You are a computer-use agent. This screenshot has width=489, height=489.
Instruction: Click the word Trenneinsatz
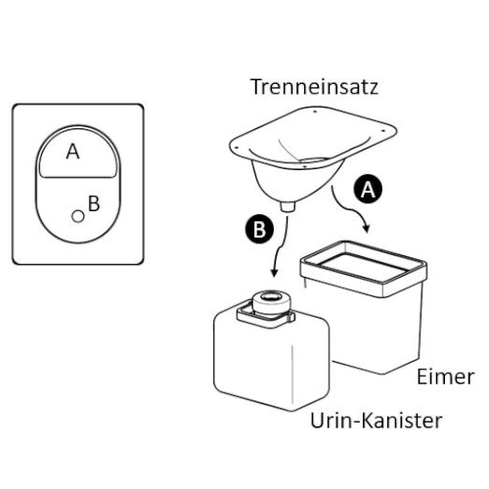click(x=315, y=87)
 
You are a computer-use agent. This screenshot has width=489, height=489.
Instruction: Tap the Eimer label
click(x=445, y=378)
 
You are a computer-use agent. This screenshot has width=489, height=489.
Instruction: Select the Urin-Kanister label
click(x=376, y=421)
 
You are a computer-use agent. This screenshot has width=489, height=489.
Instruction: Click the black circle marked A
click(x=368, y=189)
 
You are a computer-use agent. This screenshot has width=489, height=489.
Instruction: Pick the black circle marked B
click(x=259, y=229)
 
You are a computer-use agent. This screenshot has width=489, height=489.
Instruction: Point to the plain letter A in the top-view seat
click(x=72, y=152)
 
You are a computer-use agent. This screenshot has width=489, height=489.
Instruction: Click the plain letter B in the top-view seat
click(x=94, y=203)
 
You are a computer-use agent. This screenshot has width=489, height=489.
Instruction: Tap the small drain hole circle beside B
click(x=78, y=216)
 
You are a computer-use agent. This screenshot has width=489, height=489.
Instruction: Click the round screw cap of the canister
click(x=272, y=302)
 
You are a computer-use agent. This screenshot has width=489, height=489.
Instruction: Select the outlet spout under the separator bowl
click(x=288, y=206)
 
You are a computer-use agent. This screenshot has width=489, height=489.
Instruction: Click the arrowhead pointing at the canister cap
click(x=275, y=273)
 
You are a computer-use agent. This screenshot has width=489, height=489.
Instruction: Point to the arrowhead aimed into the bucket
click(x=367, y=228)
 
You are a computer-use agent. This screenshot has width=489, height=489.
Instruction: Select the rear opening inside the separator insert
click(x=314, y=160)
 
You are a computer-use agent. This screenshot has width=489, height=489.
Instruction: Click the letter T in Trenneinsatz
click(x=256, y=87)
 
